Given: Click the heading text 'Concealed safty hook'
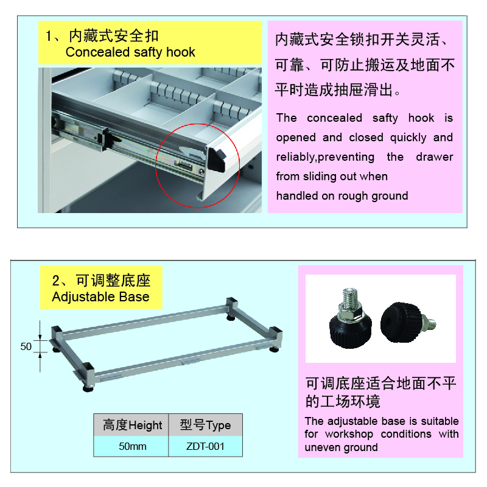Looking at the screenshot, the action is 130,52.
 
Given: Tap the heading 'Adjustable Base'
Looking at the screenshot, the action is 100,296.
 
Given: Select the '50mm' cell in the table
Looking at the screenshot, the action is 132,446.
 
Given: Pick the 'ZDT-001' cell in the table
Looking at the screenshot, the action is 205,446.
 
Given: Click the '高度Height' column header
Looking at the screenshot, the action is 132,425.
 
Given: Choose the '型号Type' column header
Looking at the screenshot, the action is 205,425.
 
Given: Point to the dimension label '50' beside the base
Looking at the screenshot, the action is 26,346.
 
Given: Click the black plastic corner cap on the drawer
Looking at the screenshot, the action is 216,159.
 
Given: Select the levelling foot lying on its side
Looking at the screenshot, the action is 407,323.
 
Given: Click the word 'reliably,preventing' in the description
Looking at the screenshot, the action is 325,157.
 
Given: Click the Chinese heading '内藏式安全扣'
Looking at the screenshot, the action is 114,36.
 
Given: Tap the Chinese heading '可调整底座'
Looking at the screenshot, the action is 113,281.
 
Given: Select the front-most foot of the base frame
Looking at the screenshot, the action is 88,388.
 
